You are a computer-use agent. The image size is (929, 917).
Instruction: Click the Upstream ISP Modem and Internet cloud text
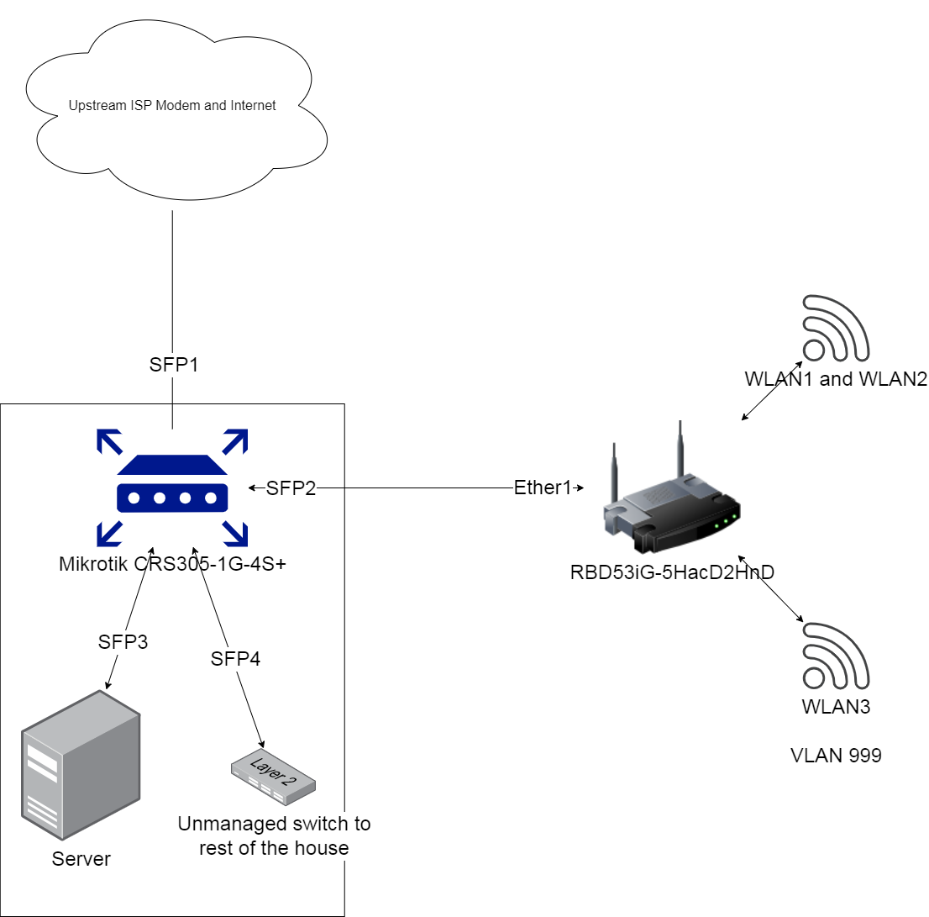pos(172,107)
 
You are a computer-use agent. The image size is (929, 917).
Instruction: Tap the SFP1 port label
pos(172,366)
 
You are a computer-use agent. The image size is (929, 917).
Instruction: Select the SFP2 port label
pos(291,488)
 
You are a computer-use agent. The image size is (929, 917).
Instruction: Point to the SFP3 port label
pos(123,641)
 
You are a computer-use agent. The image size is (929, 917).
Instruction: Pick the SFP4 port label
pos(235,659)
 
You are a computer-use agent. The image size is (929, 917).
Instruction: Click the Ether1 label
pos(543,487)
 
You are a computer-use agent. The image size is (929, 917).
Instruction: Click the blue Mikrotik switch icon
pos(172,487)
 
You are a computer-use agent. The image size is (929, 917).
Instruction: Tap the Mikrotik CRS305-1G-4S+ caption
pos(172,565)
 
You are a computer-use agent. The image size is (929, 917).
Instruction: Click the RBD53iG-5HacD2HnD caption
pos(671,572)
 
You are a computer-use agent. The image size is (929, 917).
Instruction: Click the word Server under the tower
pos(81,859)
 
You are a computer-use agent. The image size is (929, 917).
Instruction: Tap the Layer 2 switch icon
pos(274,775)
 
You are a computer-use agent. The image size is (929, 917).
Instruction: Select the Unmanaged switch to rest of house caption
pos(274,835)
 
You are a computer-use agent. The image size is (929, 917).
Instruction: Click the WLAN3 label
pos(836,707)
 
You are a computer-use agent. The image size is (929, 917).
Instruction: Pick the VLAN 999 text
pos(836,756)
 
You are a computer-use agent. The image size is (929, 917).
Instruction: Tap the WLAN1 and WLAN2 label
pos(836,379)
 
